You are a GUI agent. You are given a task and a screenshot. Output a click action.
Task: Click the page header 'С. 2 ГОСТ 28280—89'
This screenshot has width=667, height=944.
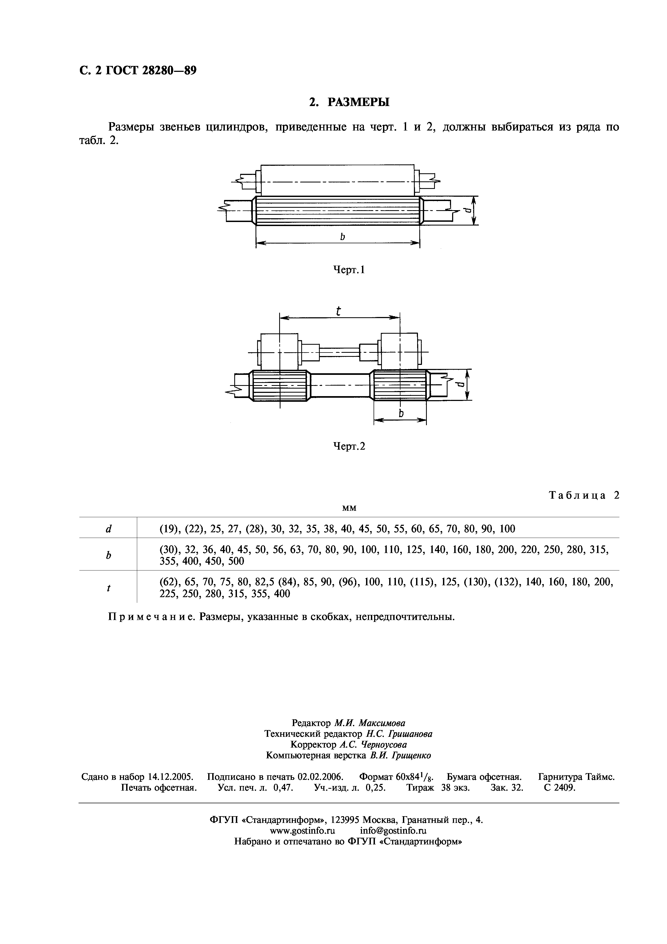138,71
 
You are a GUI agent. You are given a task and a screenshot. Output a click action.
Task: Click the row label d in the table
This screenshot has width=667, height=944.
108,529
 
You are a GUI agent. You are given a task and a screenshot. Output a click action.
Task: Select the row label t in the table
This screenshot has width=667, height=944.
108,588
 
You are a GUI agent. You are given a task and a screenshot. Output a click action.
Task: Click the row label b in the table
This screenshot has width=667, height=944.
108,555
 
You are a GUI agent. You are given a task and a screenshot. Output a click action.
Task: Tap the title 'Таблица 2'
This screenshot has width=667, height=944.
584,495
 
